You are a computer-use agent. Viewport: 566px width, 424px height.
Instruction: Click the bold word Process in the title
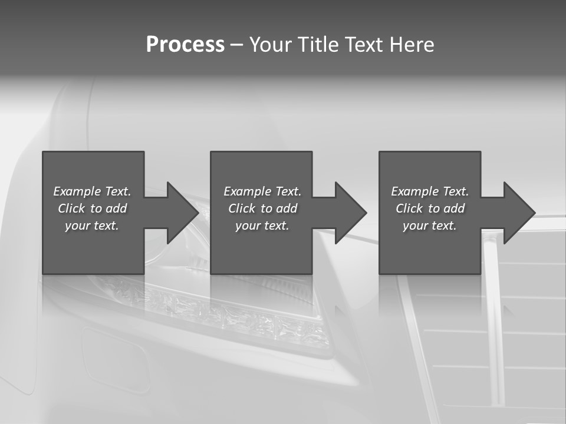(185, 45)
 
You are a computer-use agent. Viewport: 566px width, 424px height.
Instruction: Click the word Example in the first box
(77, 191)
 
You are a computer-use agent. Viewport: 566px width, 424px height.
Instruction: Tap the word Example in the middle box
(247, 191)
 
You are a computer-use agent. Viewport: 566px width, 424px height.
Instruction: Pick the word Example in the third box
(414, 191)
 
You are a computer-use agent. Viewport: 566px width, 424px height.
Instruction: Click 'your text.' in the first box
(92, 226)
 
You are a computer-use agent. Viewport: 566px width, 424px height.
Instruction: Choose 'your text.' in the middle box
(262, 226)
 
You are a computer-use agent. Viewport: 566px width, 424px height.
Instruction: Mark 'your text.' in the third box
(430, 226)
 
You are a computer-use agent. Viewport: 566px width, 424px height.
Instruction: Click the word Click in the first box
(71, 208)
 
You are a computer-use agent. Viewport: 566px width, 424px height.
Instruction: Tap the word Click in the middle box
(242, 208)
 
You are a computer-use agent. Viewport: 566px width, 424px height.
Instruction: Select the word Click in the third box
(409, 208)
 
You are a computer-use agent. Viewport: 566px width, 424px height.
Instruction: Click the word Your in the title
(269, 45)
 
